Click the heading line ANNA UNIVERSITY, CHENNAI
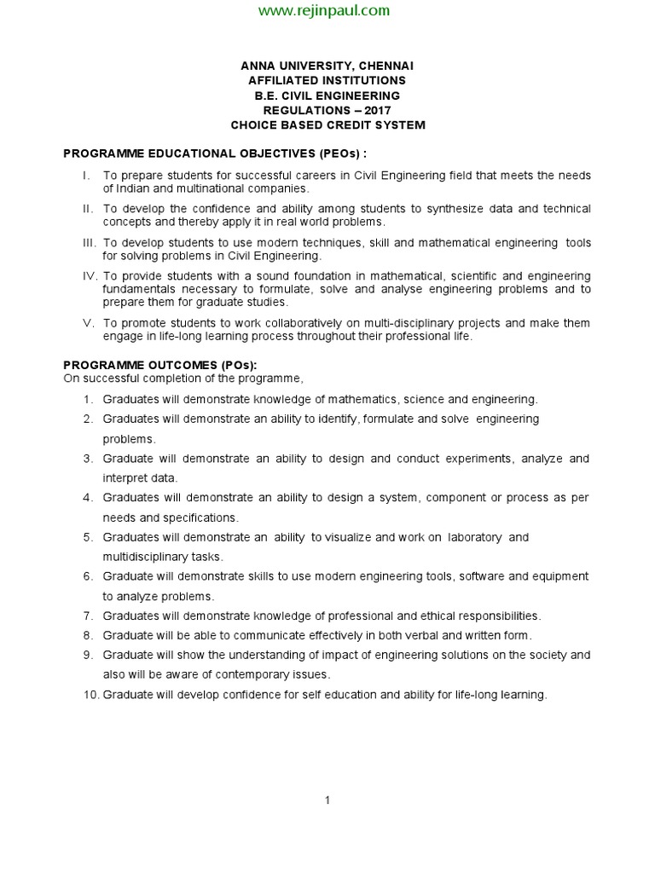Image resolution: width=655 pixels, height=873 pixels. pyautogui.click(x=327, y=66)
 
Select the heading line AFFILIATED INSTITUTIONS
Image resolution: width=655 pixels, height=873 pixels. pyautogui.click(x=327, y=80)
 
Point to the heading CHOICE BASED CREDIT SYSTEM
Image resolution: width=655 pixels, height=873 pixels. pyautogui.click(x=327, y=125)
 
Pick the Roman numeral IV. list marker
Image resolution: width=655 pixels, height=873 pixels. pyautogui.click(x=90, y=276)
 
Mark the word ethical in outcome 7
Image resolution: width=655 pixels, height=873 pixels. pyautogui.click(x=441, y=616)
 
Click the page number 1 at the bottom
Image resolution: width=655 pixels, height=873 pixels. pyautogui.click(x=327, y=800)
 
